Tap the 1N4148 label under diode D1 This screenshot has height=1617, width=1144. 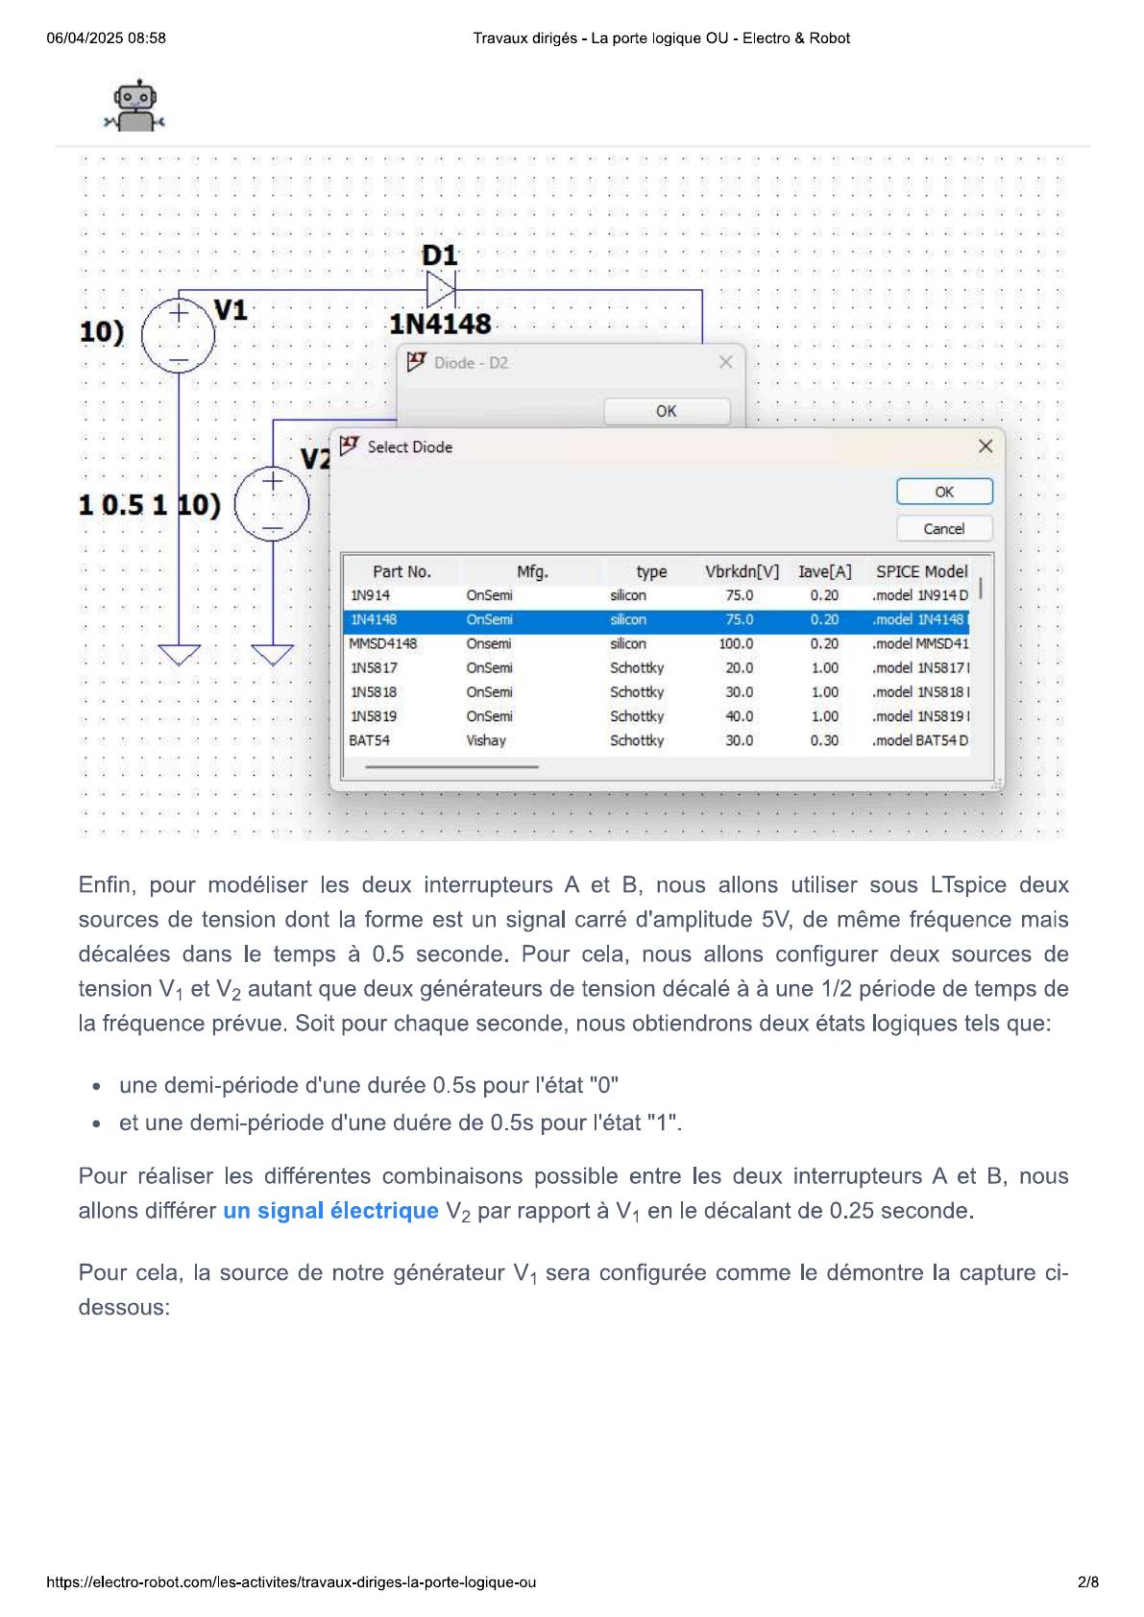tap(440, 325)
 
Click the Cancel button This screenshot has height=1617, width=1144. tap(943, 529)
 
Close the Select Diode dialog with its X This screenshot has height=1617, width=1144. tap(985, 446)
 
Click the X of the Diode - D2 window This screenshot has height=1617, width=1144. tap(725, 362)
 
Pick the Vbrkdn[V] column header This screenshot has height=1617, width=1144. tap(742, 572)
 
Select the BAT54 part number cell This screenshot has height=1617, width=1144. tap(370, 740)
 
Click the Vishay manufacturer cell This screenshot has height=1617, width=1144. tap(486, 740)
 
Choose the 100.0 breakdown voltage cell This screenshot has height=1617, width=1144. tap(737, 644)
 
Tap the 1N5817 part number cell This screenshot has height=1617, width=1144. tap(374, 668)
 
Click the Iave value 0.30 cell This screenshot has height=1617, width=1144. tap(824, 740)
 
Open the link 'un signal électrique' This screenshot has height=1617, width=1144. tap(330, 1211)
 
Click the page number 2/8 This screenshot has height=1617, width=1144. tap(1087, 1582)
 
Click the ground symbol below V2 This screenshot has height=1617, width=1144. tap(273, 655)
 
